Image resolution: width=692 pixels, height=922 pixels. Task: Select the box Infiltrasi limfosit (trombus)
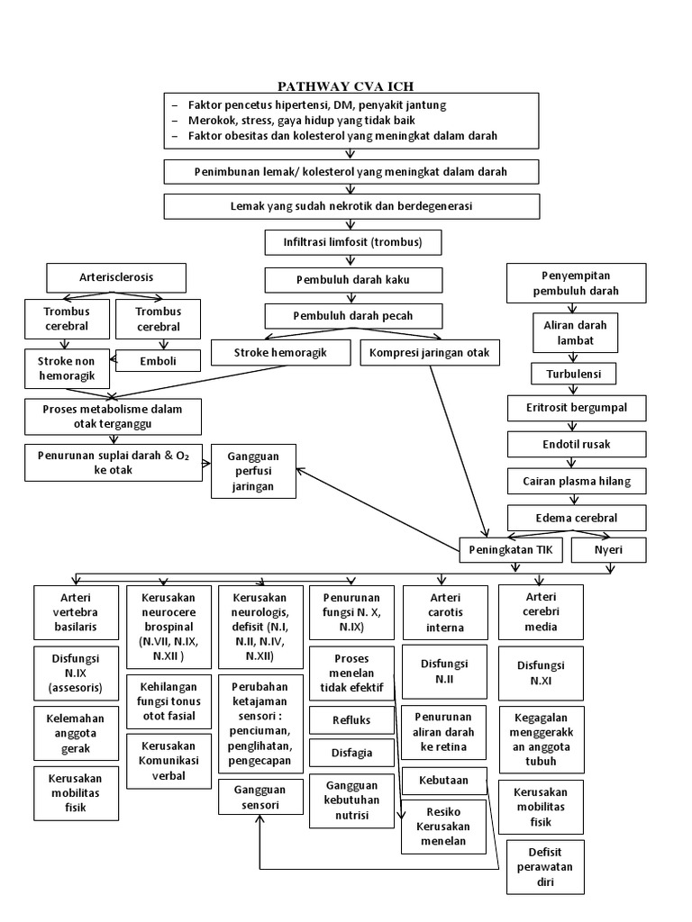353,242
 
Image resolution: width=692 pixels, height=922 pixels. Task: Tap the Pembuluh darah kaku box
353,280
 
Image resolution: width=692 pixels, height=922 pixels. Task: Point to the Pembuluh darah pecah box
353,316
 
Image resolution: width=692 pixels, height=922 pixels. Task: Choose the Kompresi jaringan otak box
429,353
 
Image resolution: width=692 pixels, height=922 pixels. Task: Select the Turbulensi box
576,372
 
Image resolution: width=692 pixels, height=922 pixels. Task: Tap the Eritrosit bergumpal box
576,408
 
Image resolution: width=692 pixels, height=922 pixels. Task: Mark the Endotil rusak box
576,444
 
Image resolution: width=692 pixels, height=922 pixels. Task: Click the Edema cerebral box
576,518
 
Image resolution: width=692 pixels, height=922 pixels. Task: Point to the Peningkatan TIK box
514,548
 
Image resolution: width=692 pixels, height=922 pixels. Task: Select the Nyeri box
608,548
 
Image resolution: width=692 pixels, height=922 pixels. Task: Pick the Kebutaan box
442,780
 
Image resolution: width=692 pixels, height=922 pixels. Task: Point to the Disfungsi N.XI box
541,673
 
